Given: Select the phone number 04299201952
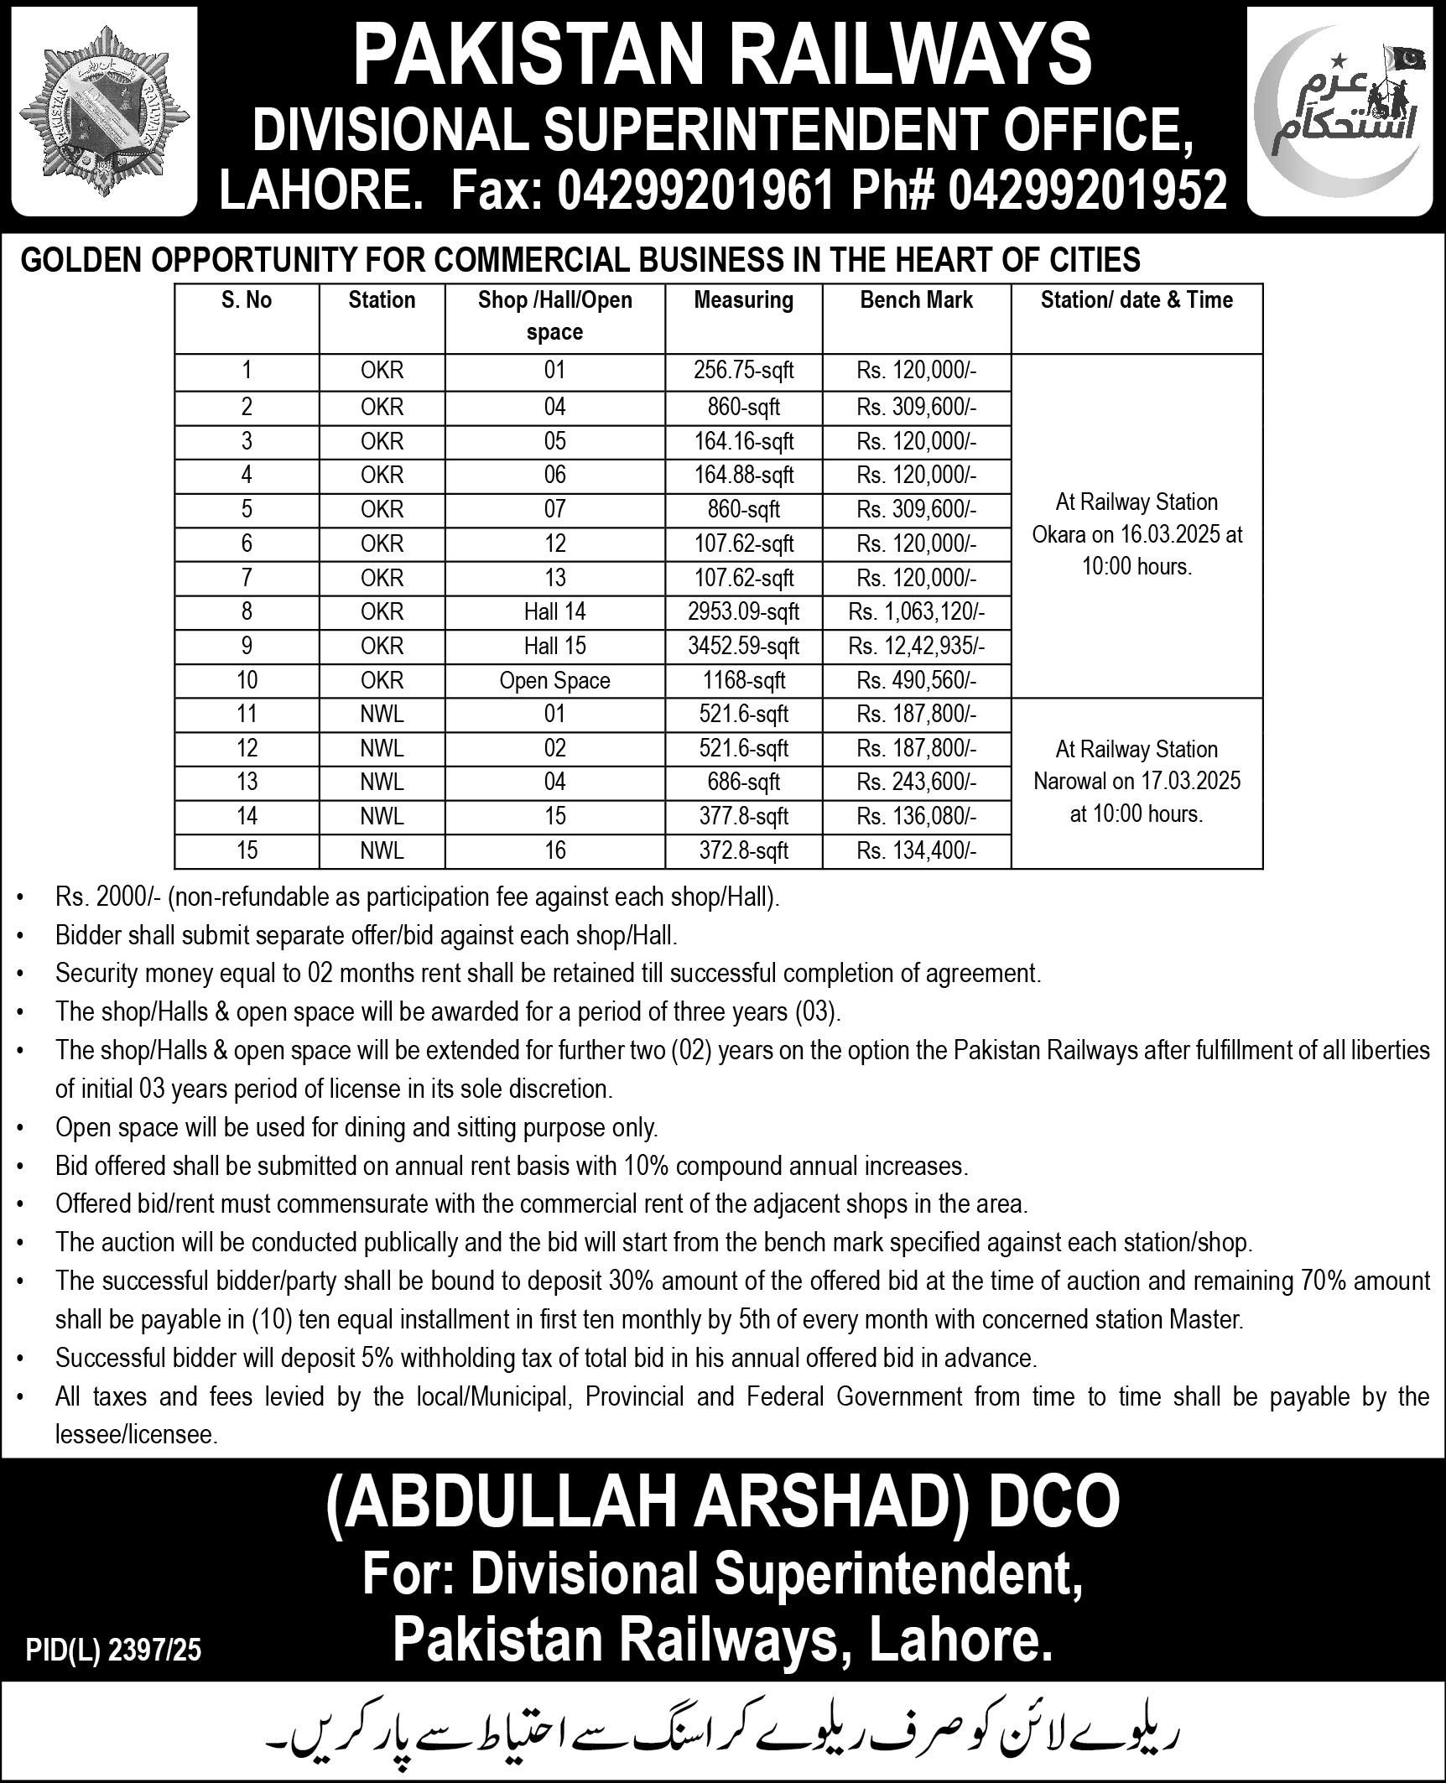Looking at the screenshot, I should (x=1088, y=188).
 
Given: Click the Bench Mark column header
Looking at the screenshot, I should (x=916, y=300).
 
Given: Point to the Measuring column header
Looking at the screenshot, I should (x=743, y=300).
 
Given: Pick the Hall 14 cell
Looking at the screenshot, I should (x=554, y=611).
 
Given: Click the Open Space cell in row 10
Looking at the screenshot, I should (x=554, y=680).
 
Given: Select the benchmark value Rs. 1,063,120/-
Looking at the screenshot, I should (x=916, y=611).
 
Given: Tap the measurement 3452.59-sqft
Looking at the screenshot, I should (x=743, y=646).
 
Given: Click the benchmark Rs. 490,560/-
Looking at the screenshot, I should (x=916, y=680).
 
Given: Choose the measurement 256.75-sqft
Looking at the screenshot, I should (x=743, y=371).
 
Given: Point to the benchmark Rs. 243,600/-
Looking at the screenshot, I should (x=916, y=782).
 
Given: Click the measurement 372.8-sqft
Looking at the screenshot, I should (x=743, y=850).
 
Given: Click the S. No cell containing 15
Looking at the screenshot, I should (x=247, y=850).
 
